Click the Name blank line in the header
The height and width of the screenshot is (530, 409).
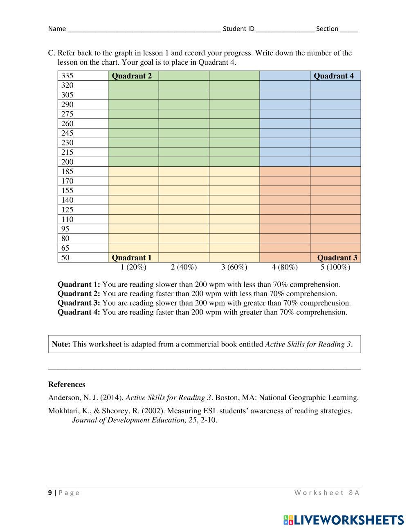144,29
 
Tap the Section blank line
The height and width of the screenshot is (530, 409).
348,29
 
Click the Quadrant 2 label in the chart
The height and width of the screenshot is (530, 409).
132,76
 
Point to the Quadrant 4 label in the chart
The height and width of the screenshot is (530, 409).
333,76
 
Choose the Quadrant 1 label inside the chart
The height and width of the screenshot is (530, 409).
132,258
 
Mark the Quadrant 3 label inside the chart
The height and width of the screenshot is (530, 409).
337,258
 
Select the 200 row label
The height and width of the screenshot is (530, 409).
67,162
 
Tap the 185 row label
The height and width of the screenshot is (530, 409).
67,172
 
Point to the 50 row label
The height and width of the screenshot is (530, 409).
65,258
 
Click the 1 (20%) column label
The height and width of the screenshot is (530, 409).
133,267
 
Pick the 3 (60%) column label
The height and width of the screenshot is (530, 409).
234,267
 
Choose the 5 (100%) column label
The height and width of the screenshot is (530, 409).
335,267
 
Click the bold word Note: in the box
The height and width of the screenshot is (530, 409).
61,344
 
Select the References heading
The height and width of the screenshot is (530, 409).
67,384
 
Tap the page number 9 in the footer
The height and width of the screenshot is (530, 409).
50,493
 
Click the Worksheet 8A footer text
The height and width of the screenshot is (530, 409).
326,493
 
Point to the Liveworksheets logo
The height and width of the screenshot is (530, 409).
343,520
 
